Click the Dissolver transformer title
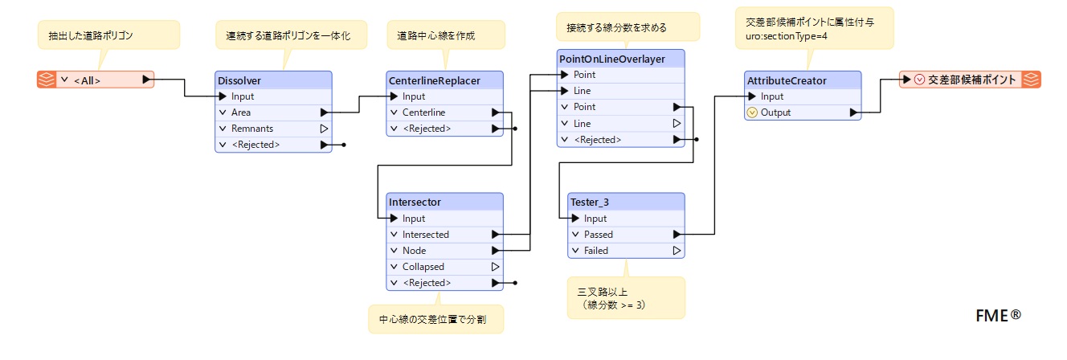point(239,80)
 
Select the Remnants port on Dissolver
point(252,129)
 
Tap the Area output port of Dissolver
point(240,112)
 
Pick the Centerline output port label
point(423,112)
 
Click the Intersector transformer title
point(415,202)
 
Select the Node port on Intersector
point(414,251)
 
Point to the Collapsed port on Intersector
point(423,267)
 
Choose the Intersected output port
point(425,235)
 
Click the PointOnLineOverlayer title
point(612,59)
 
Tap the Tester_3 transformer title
point(589,202)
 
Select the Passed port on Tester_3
point(599,235)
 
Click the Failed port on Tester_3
point(596,251)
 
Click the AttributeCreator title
point(787,80)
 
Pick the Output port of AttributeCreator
point(775,112)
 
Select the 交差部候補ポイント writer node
point(970,80)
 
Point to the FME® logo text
point(999,315)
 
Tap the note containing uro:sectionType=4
point(815,29)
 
